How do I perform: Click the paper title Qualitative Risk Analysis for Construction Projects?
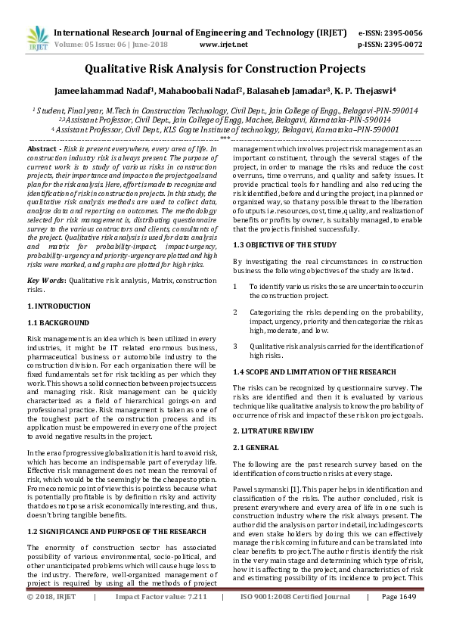pos(225,69)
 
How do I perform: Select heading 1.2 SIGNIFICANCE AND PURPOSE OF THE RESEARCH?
pos(117,510)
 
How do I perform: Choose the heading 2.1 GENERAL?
pos(259,447)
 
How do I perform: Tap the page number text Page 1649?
pos(399,618)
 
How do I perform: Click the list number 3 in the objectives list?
pos(237,345)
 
